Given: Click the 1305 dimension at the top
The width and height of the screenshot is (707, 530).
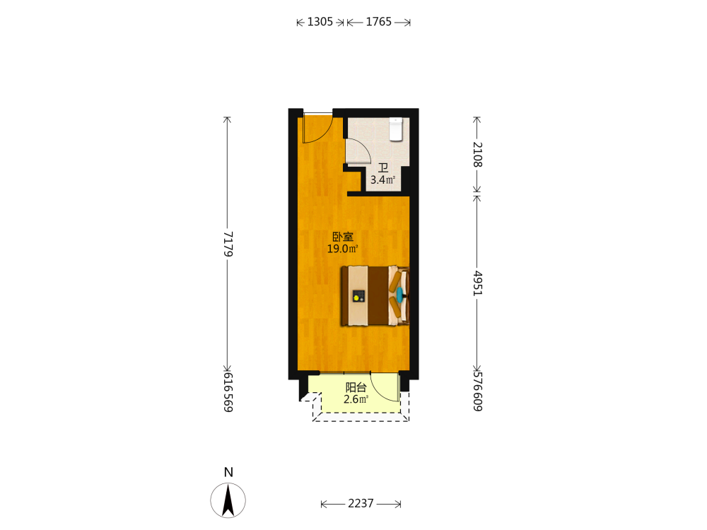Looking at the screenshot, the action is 320,22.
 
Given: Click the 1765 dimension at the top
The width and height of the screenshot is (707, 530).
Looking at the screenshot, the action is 379,22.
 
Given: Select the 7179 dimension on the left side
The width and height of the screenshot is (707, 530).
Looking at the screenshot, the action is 228,245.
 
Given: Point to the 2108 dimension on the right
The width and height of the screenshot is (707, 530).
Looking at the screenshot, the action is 477,155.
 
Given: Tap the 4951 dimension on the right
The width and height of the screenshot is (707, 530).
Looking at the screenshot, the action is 477,283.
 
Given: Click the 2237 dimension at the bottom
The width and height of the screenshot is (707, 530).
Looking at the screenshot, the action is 361,503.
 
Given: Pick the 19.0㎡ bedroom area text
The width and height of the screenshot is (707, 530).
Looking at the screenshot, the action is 343,249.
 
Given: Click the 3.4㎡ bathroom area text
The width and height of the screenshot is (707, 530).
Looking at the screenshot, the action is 382,179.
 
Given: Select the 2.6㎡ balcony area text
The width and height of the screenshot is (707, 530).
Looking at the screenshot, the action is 356,399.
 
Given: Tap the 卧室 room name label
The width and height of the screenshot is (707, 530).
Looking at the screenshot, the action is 343,237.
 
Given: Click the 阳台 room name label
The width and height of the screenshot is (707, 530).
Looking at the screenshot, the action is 356,387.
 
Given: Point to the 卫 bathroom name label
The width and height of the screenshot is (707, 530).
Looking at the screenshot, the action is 383,168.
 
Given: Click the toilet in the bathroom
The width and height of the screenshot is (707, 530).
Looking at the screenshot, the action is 396,129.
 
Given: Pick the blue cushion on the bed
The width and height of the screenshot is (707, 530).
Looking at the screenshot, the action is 399,294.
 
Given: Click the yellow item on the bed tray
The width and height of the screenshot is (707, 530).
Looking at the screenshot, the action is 357,298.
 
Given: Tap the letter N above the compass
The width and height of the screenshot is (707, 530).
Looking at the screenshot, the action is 228,472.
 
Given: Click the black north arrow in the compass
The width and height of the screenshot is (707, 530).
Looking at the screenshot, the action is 228,500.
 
